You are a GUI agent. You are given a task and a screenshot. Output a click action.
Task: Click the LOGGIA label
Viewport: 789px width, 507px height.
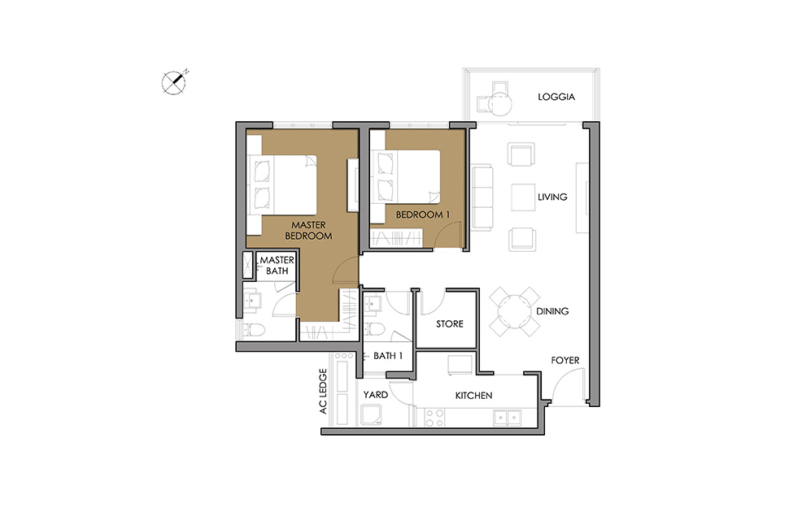pyautogui.click(x=556, y=97)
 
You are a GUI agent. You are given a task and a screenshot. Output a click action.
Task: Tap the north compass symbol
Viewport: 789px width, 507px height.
pyautogui.click(x=174, y=82)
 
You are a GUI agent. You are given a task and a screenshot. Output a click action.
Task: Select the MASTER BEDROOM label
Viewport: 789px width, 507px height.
pyautogui.click(x=308, y=230)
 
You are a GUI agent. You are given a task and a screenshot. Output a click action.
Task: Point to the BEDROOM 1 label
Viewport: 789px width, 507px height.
pyautogui.click(x=423, y=214)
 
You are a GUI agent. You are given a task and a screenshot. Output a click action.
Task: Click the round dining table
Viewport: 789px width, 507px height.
pyautogui.click(x=515, y=312)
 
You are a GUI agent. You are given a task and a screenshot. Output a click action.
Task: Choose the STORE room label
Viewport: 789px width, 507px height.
pyautogui.click(x=449, y=324)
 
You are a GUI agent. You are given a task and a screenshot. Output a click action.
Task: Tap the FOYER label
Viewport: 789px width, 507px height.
pyautogui.click(x=565, y=360)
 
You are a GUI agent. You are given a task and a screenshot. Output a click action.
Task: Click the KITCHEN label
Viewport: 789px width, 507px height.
pyautogui.click(x=473, y=396)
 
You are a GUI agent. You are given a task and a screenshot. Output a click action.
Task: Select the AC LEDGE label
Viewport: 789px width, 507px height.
pyautogui.click(x=323, y=392)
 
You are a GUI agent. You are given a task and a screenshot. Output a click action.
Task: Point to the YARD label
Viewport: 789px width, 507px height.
pyautogui.click(x=375, y=394)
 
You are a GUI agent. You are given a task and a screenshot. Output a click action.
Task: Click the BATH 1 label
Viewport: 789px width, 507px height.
pyautogui.click(x=388, y=356)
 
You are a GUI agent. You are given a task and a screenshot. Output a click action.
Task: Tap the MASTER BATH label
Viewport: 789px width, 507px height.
pyautogui.click(x=277, y=266)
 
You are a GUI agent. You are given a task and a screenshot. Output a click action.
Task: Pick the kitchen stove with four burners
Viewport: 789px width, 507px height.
pyautogui.click(x=435, y=418)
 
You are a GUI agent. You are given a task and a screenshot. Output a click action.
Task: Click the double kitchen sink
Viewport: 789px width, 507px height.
pyautogui.click(x=508, y=417)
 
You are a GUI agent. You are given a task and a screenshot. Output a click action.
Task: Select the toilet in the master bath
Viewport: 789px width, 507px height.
pyautogui.click(x=254, y=330)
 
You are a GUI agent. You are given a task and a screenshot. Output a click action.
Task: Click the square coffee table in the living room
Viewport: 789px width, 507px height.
pyautogui.click(x=523, y=197)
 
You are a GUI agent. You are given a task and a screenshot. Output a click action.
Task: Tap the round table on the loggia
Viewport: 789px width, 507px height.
pyautogui.click(x=500, y=104)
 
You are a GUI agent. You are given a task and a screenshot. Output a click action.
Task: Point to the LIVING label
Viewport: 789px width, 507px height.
pyautogui.click(x=552, y=197)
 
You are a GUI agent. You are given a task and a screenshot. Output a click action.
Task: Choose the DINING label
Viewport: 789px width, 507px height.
pyautogui.click(x=552, y=311)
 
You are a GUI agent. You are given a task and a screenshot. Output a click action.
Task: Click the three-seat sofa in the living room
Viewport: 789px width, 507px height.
pyautogui.click(x=482, y=198)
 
